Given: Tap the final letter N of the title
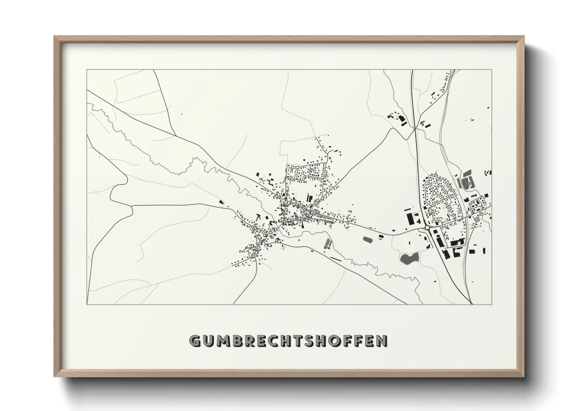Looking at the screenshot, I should tap(382, 341).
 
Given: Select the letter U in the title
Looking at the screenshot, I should tap(207, 341).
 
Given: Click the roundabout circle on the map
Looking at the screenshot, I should tap(427, 228).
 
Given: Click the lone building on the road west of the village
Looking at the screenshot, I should tap(221, 202).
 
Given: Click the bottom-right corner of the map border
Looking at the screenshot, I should tap(492, 304).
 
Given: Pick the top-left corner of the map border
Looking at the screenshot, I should tap(87, 70).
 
